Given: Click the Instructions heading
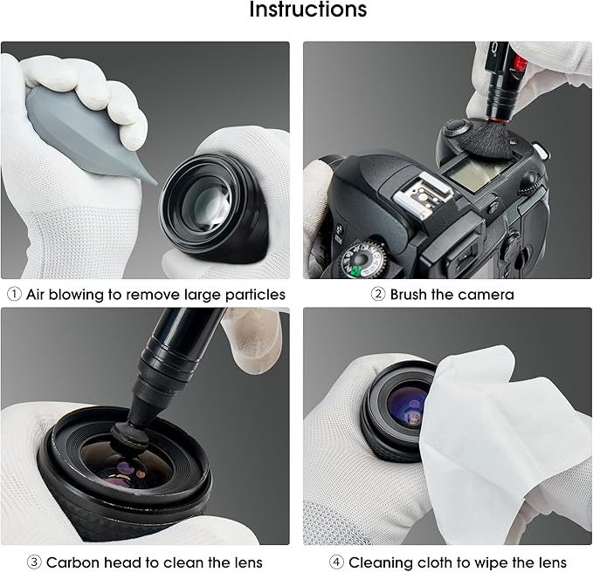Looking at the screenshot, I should [x=307, y=11].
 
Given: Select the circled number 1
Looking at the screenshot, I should [x=14, y=295].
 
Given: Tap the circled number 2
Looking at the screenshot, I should [x=378, y=295].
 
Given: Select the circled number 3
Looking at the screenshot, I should [x=34, y=562].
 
